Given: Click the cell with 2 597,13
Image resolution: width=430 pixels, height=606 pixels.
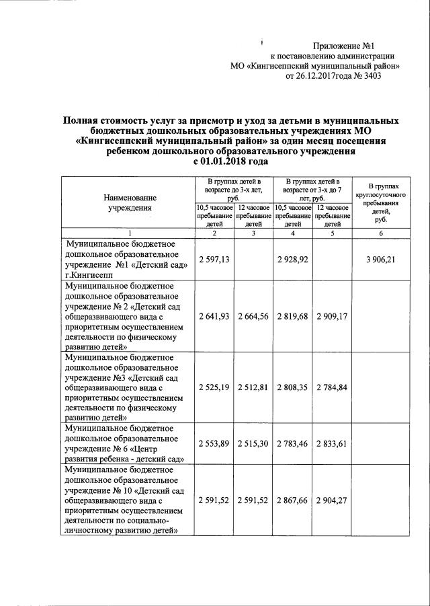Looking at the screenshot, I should click(x=215, y=259).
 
